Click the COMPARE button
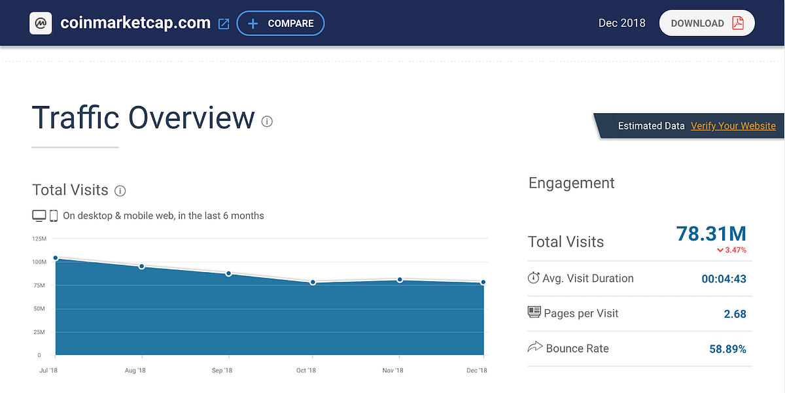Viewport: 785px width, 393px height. (x=281, y=24)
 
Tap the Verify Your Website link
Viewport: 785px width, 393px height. (x=733, y=126)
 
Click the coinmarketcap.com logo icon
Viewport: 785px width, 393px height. (x=41, y=24)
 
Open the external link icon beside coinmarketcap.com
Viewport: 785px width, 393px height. (x=224, y=24)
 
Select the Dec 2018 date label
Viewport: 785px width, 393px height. (x=621, y=24)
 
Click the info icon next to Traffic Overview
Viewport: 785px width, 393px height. (x=267, y=121)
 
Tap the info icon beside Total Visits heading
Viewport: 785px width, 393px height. (x=120, y=191)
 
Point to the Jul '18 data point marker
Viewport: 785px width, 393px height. (x=56, y=258)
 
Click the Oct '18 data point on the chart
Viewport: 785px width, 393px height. (x=313, y=282)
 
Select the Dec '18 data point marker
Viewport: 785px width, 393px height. (x=483, y=282)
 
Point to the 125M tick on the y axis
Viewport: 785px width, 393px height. (x=39, y=239)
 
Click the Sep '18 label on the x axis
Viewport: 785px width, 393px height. (x=222, y=371)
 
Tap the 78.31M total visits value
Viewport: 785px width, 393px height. (x=710, y=233)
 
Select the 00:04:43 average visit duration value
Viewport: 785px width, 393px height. (x=724, y=279)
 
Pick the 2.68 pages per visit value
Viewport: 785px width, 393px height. (x=735, y=314)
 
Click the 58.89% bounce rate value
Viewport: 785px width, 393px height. (x=727, y=349)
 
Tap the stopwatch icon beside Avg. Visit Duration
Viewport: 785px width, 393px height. (x=533, y=278)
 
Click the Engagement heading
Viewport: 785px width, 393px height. (x=571, y=183)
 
